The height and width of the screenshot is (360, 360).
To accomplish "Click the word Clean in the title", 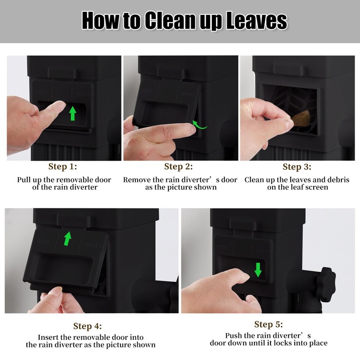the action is click(171, 20).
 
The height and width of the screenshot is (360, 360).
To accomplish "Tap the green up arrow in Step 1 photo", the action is click(72, 113).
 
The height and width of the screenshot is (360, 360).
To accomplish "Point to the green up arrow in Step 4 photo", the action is click(67, 238).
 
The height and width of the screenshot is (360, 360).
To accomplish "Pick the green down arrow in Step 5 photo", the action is click(258, 270).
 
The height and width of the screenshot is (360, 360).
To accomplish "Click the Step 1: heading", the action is click(63, 166).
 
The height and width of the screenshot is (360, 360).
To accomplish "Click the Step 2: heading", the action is click(178, 166).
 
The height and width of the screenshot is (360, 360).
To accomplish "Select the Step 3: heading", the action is click(297, 166).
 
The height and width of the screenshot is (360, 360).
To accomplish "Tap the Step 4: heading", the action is click(87, 326).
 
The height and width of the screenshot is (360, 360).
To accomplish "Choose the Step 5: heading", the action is click(268, 324).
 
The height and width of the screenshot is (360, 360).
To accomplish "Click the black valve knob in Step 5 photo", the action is click(326, 284).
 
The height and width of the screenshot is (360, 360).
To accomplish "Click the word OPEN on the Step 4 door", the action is click(42, 241).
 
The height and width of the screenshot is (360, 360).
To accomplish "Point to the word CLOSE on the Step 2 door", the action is click(187, 94).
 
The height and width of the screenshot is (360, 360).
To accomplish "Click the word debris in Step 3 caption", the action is click(337, 180).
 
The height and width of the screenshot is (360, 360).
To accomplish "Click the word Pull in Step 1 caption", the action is click(24, 180).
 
